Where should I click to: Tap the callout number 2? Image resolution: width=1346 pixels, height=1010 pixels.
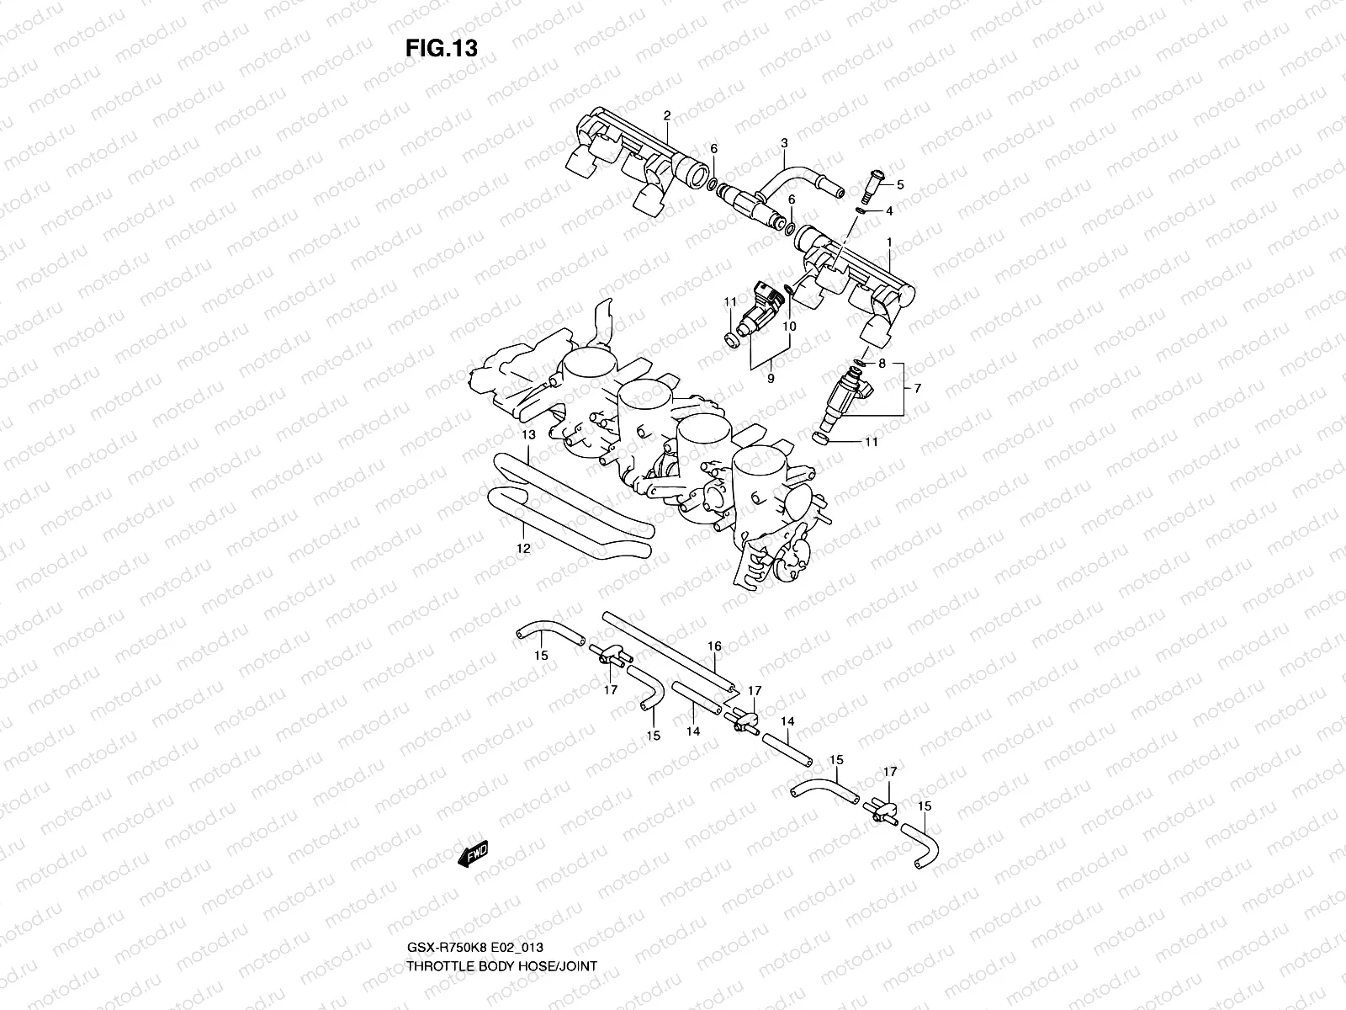click(x=666, y=116)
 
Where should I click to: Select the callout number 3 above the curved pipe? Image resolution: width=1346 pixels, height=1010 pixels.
click(x=783, y=143)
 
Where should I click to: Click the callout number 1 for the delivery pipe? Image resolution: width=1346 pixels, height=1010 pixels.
click(x=888, y=242)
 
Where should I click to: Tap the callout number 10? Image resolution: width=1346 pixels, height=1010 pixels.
click(x=790, y=326)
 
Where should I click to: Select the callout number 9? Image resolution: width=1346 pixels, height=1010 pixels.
click(x=770, y=380)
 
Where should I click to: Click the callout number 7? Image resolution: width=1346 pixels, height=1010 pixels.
click(x=917, y=388)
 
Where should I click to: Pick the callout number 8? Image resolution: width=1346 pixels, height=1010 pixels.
click(x=882, y=364)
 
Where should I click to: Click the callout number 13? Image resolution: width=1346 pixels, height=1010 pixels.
click(x=527, y=435)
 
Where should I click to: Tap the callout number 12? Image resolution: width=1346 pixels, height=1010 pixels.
click(x=522, y=548)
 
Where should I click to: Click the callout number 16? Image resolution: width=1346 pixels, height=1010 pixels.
click(x=714, y=646)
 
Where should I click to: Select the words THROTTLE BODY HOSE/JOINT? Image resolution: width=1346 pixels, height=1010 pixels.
click(x=501, y=918)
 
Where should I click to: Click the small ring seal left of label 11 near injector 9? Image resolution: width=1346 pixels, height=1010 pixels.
click(x=732, y=338)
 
